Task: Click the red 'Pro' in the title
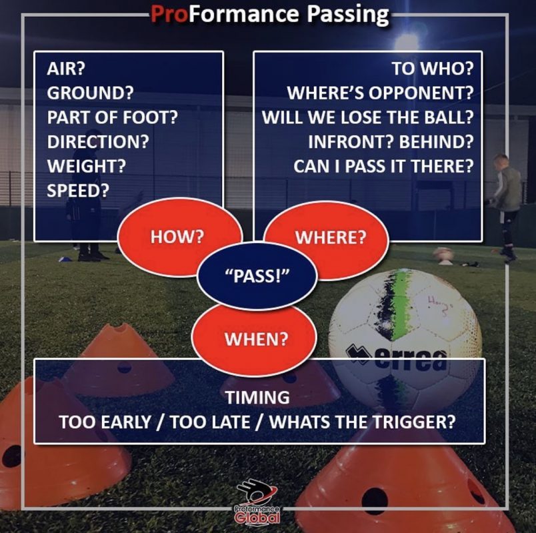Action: tap(169, 14)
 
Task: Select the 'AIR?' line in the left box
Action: tap(66, 69)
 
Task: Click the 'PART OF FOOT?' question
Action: tap(113, 117)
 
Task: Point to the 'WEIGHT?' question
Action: tap(87, 166)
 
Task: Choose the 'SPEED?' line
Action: tap(78, 191)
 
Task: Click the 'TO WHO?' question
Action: tap(433, 69)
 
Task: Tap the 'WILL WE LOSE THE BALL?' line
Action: tap(368, 117)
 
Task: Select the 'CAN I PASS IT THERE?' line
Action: tap(383, 166)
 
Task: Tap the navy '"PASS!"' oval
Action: tap(257, 276)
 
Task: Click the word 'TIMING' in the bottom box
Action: tap(257, 397)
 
